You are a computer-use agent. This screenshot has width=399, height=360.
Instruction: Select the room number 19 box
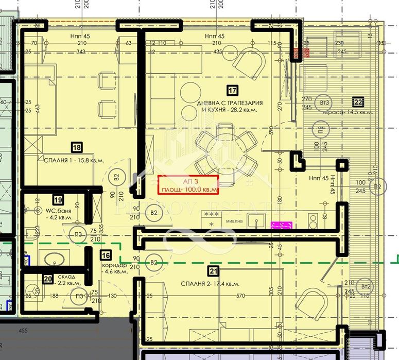pos(58,199)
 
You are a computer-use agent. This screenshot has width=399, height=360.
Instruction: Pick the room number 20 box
pos(48,279)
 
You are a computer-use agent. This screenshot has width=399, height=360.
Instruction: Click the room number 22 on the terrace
pos(358,101)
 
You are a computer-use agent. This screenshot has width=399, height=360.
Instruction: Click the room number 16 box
pos(106,254)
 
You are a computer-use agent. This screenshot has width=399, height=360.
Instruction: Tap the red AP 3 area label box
pos(188,184)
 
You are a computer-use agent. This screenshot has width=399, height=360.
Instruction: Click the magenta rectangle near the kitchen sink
pos(282,225)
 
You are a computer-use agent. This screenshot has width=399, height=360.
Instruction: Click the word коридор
pos(110,264)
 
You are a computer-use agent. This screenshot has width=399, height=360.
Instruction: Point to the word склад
pos(66,277)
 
